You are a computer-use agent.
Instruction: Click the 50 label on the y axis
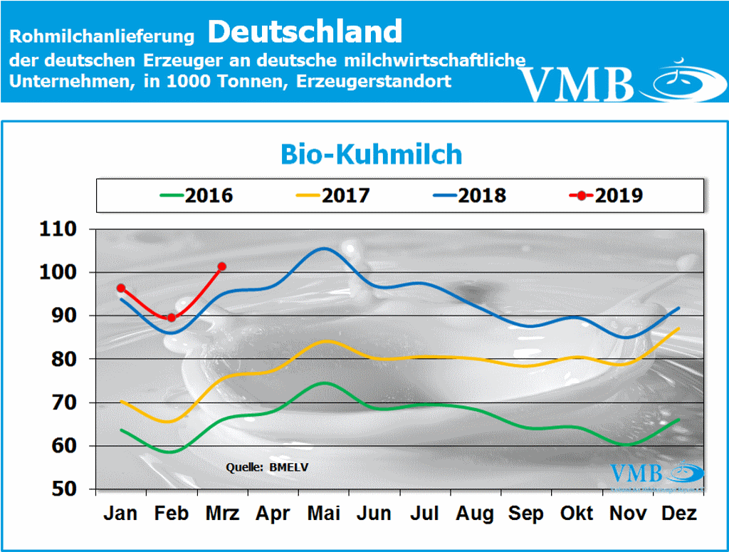click(x=68, y=489)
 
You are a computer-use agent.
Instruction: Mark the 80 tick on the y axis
click(x=68, y=360)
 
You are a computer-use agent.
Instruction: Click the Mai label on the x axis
click(x=325, y=514)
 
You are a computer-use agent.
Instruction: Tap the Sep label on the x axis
click(x=527, y=514)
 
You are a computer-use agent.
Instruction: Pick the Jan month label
click(x=121, y=514)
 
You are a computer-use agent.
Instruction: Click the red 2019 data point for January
click(x=121, y=288)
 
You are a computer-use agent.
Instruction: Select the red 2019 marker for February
click(x=172, y=318)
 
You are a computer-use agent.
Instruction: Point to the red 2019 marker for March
click(x=222, y=266)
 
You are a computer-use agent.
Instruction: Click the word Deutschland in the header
click(x=306, y=31)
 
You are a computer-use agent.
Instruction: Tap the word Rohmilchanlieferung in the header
click(x=103, y=35)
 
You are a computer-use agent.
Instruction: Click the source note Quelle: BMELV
click(x=268, y=467)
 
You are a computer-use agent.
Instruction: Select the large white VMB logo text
click(x=577, y=84)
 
